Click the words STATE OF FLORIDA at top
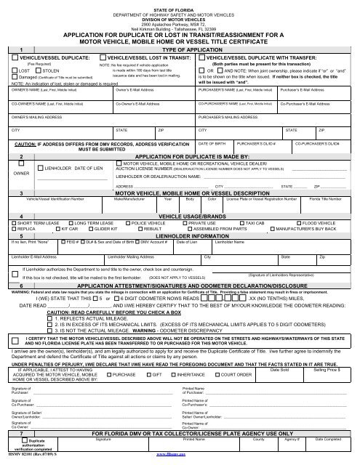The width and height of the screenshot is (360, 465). (x=180, y=5)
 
